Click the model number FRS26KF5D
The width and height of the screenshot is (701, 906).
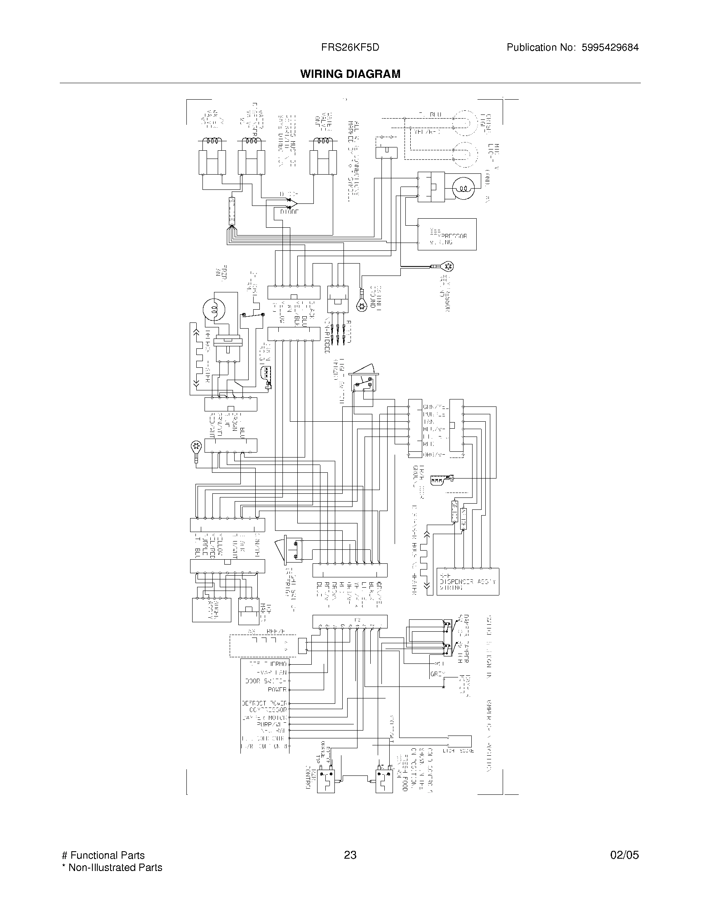point(350,48)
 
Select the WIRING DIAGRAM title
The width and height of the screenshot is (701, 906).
point(350,74)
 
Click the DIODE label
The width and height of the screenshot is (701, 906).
point(289,212)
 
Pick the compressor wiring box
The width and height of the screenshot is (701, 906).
point(447,234)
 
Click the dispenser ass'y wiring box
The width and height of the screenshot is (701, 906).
point(468,581)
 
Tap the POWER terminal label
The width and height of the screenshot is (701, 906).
point(277,689)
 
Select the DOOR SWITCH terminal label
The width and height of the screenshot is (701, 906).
point(266,681)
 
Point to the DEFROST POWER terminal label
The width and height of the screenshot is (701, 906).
point(265,703)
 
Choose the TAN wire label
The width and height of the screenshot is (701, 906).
point(428,422)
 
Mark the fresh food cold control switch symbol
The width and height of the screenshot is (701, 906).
point(384,782)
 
